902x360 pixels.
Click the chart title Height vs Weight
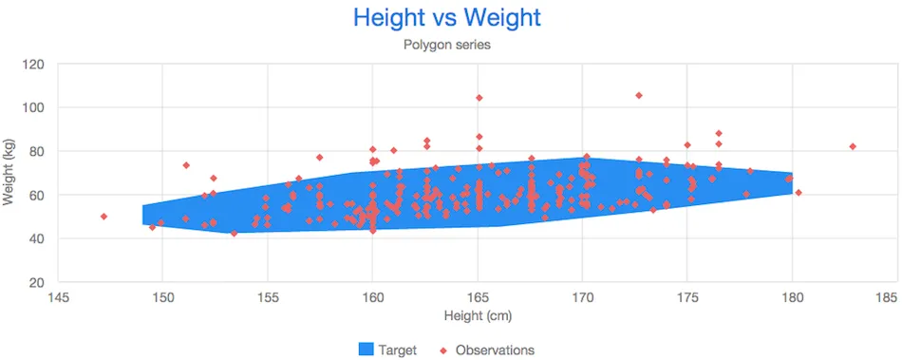click(446, 17)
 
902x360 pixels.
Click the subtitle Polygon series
click(446, 45)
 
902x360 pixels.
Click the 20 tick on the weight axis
click(38, 283)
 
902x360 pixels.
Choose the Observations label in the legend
click(495, 350)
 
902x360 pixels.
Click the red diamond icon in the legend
click(442, 350)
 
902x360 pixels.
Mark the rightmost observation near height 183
click(853, 146)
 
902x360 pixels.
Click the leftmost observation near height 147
click(103, 217)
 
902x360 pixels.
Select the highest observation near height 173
click(639, 95)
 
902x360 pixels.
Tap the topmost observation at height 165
click(479, 98)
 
